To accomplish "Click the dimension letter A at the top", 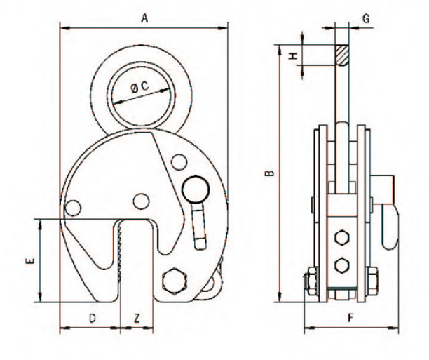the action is click(x=144, y=18).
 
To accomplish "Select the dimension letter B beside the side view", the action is click(x=270, y=173).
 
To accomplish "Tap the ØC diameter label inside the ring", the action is click(x=139, y=87).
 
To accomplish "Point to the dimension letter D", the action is click(x=93, y=319).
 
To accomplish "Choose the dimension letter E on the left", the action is click(x=30, y=260).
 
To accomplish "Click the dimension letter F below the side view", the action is click(x=351, y=318).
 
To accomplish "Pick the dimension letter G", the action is click(x=367, y=19).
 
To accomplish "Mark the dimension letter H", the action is click(x=293, y=55).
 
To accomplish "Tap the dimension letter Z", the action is click(x=137, y=319).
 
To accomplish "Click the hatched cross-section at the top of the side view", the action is click(x=342, y=55).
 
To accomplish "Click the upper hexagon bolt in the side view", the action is click(x=342, y=237).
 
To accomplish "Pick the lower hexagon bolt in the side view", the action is click(x=342, y=265).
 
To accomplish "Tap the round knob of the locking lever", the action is click(x=196, y=189).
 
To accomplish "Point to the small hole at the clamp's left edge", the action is click(x=73, y=208).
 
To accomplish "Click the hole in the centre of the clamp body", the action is click(x=141, y=201).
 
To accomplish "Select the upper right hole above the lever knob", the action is click(x=179, y=162).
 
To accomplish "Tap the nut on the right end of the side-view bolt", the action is click(x=372, y=281).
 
